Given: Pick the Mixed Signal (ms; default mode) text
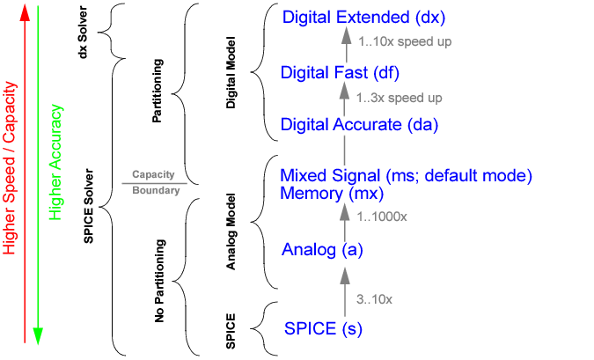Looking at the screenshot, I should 406,174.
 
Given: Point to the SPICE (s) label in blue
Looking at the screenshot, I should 324,329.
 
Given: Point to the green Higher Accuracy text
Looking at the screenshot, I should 56,163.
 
